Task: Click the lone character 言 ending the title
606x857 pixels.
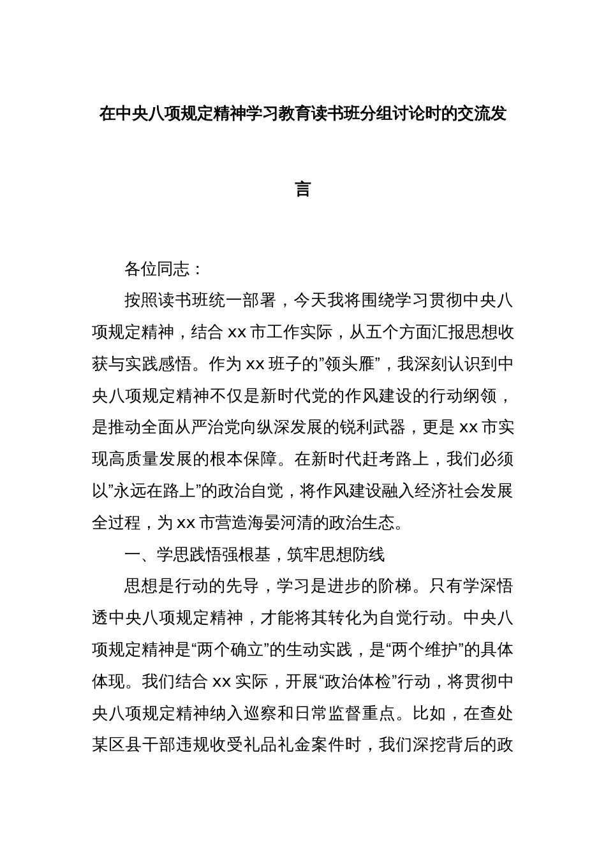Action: pyautogui.click(x=303, y=189)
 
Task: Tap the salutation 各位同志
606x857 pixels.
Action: pyautogui.click(x=157, y=270)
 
